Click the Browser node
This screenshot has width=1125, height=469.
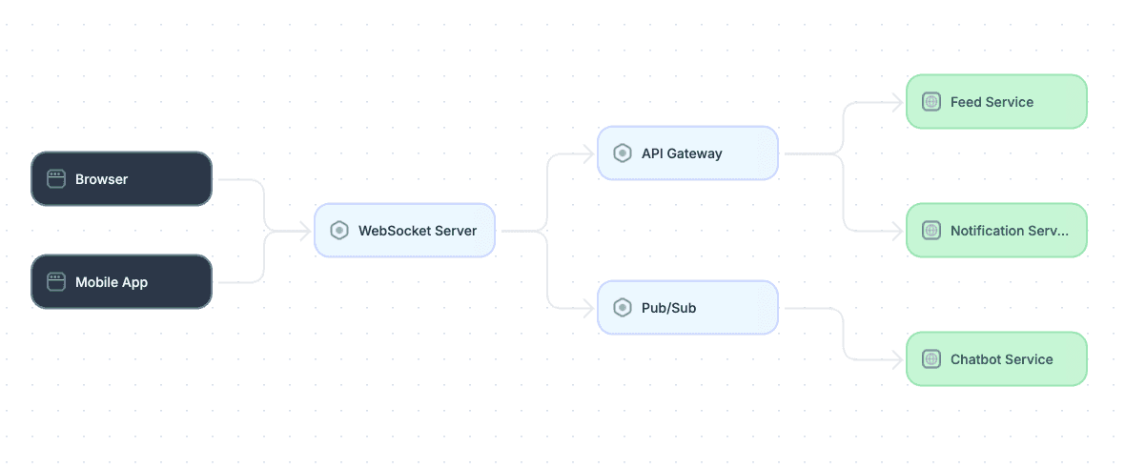[121, 178]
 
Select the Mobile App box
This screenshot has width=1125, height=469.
[121, 282]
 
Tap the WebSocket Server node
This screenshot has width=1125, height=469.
[404, 230]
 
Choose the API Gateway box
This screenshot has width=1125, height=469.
[688, 153]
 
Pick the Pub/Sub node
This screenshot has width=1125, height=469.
[688, 308]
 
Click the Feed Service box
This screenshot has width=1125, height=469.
[996, 102]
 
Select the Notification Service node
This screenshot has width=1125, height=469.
[996, 230]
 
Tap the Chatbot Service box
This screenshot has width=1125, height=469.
[996, 359]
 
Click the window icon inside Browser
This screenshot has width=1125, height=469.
[56, 178]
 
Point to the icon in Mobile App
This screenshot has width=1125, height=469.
[56, 282]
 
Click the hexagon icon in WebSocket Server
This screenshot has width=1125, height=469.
[339, 230]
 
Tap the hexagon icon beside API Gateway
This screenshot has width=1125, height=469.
[623, 153]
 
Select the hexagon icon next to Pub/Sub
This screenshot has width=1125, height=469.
[623, 308]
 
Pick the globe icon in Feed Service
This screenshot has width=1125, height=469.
[931, 102]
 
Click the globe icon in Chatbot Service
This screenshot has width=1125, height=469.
[931, 359]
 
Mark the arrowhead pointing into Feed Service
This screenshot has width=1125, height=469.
[897, 102]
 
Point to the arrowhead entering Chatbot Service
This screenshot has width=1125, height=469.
[897, 359]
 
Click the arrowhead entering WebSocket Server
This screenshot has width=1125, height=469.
[306, 230]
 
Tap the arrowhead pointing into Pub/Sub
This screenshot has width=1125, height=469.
[589, 308]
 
